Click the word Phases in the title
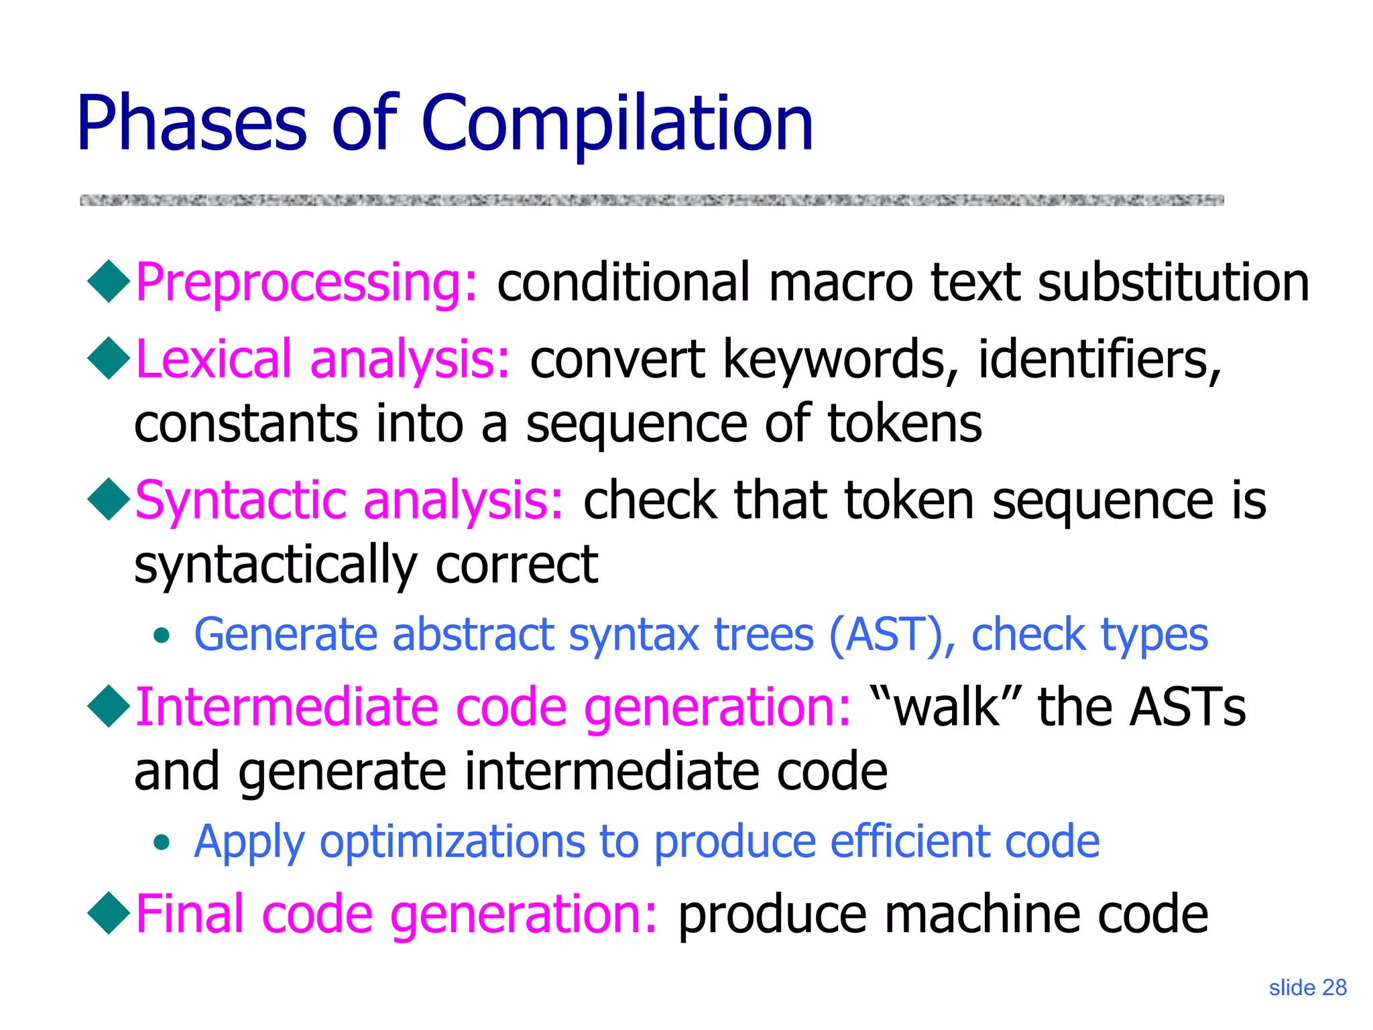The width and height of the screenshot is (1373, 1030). click(x=192, y=124)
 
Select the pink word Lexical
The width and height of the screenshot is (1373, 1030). click(x=214, y=359)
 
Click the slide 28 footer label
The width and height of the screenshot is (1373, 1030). click(x=1307, y=988)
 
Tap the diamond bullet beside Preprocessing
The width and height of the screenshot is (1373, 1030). click(x=109, y=282)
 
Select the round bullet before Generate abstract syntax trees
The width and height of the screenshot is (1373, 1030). click(x=161, y=636)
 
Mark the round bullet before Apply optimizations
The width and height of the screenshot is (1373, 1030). click(x=161, y=842)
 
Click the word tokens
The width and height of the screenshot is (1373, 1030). click(x=904, y=424)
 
